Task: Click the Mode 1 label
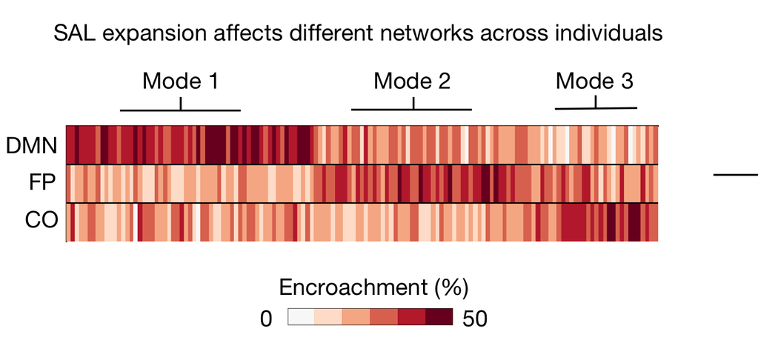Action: coord(180,81)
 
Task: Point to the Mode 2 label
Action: coord(412,81)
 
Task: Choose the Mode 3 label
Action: coord(594,81)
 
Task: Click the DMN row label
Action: coord(31,145)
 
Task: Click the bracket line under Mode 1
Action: coord(180,110)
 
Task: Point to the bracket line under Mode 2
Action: coord(411,110)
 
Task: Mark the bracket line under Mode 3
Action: coord(596,109)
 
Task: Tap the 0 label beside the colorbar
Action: coord(267,319)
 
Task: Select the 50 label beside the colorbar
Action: coord(474,319)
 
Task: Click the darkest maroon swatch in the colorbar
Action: coord(439,318)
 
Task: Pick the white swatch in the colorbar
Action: coord(301,318)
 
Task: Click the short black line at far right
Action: coord(736,175)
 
